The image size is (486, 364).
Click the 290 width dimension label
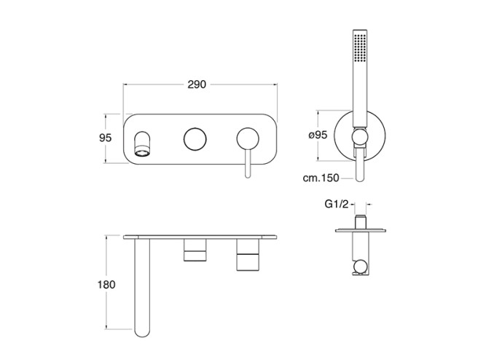(197, 84)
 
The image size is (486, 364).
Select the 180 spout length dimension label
(106, 285)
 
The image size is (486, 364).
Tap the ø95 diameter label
(318, 135)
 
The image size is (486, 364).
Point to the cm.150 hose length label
(321, 178)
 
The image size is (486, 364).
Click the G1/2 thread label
(337, 204)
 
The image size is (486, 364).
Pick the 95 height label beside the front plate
(105, 138)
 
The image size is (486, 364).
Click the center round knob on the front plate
(195, 139)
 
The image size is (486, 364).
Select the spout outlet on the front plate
(143, 143)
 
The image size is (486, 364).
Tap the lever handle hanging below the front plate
(248, 164)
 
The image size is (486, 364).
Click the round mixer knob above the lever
(248, 139)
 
